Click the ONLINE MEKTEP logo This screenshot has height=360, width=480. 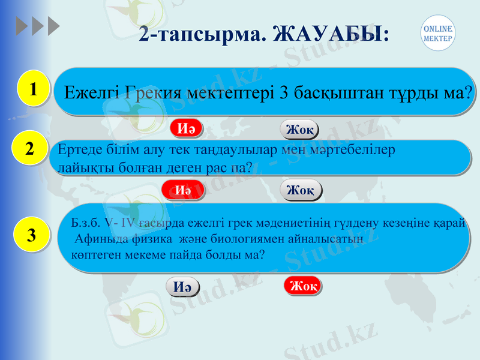click(x=437, y=33)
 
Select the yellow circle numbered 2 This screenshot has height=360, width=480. click(x=29, y=148)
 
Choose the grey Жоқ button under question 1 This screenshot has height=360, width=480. click(x=299, y=130)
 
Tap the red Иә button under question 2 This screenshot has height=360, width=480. click(x=183, y=190)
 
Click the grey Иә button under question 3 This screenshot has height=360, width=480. click(x=182, y=287)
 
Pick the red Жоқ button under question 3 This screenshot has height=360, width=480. click(x=302, y=286)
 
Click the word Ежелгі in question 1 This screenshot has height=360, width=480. click(x=92, y=93)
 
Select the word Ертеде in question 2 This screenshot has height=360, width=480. click(x=77, y=151)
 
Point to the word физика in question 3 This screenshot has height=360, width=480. click(x=142, y=238)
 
